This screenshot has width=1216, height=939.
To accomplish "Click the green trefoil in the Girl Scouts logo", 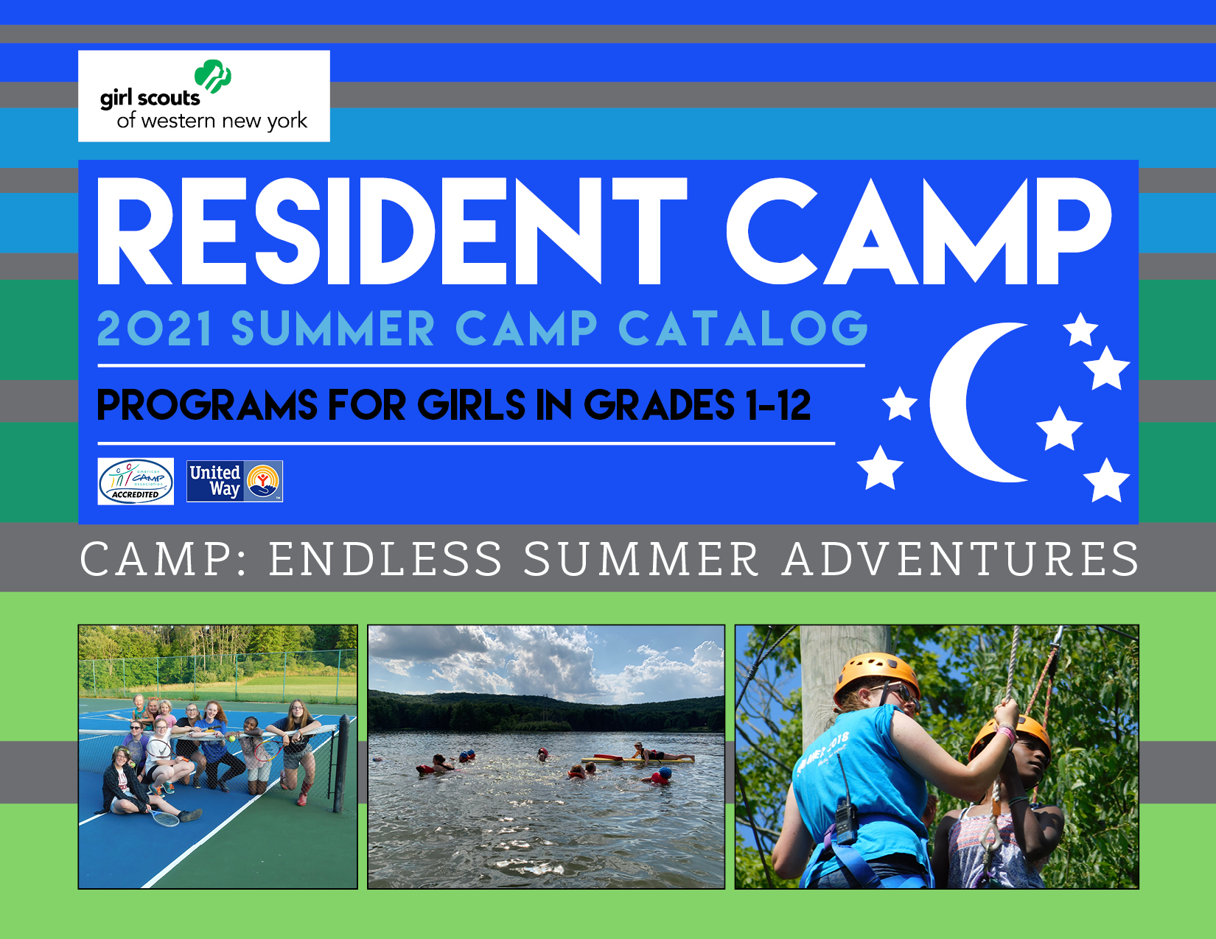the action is coord(213,76).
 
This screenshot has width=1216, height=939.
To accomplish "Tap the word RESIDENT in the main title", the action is coord(392,231).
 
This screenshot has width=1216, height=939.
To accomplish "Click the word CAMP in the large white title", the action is coord(918,231).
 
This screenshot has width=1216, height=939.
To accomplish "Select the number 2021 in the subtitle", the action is coord(155,328).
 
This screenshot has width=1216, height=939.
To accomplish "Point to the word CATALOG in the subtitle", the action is coord(743,328).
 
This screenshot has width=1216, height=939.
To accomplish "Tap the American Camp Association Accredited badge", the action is coord(136,482).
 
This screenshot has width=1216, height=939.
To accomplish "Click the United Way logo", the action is coord(234,482).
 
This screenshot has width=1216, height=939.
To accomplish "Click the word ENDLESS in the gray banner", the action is coord(385,559).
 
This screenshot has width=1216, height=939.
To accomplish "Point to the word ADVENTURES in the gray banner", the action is coord(961,559).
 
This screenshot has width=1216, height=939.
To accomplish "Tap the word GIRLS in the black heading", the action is coord(471,405).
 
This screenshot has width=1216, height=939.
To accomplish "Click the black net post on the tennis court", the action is coord(340,763).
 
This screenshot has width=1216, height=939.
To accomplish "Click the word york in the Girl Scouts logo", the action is coord(287,122).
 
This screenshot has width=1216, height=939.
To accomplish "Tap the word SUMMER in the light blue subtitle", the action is coord(333,328).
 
